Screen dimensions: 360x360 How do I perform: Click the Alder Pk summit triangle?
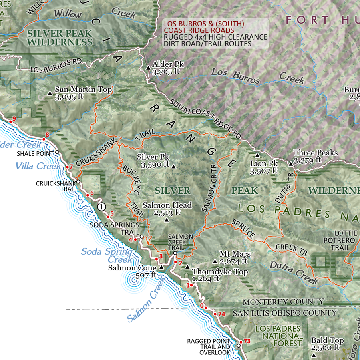148,68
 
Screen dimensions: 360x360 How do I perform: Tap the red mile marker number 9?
14,118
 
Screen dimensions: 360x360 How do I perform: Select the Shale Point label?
35,153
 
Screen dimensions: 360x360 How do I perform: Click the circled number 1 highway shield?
102,207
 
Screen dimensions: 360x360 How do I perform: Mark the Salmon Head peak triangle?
167,220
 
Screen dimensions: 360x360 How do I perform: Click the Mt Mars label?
235,254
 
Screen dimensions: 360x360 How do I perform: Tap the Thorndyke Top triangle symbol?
187,267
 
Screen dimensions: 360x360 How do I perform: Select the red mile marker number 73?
247,341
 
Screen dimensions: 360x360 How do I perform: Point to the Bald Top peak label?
327,341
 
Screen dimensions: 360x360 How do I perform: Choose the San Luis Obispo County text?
284,313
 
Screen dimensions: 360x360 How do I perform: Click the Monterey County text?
284,302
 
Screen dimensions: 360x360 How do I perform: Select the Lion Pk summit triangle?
257,155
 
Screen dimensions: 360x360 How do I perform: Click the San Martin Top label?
83,90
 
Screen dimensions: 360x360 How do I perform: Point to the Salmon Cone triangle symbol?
161,267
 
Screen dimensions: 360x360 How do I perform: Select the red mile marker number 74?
222,314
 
